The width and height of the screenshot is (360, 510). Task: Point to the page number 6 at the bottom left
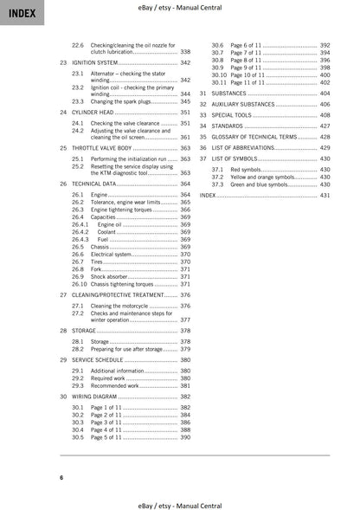point(61,478)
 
